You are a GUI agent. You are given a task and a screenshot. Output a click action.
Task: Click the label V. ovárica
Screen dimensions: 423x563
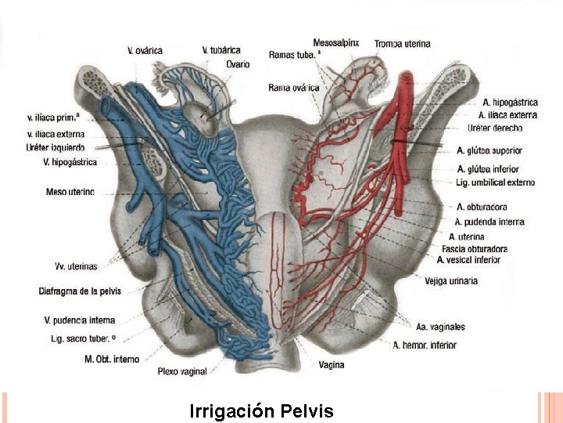(145, 51)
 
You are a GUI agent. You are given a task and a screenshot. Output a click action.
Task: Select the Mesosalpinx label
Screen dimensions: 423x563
(335, 42)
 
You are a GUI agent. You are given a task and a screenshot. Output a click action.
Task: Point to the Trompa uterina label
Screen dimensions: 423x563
(402, 44)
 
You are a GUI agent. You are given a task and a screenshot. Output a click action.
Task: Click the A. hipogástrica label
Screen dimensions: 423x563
(510, 103)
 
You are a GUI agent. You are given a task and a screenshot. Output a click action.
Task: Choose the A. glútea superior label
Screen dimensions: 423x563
(489, 150)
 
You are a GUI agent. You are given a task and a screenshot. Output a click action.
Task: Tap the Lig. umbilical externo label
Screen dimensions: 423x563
(496, 183)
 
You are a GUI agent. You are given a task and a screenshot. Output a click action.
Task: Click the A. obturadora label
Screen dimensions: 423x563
(481, 207)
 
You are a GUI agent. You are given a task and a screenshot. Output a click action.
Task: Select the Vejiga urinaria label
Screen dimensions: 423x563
(451, 280)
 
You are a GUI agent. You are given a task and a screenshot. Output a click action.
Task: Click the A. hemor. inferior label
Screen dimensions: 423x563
(425, 345)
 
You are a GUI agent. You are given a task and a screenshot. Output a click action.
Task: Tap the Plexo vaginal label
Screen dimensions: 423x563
(182, 371)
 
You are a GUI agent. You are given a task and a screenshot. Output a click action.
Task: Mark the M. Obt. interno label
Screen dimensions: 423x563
(112, 359)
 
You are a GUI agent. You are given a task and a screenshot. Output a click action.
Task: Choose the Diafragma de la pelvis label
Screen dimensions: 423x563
(80, 291)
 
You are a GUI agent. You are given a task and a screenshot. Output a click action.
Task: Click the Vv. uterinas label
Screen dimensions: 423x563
(76, 266)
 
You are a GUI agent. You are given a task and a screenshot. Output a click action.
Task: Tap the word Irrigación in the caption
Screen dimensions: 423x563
(231, 411)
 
